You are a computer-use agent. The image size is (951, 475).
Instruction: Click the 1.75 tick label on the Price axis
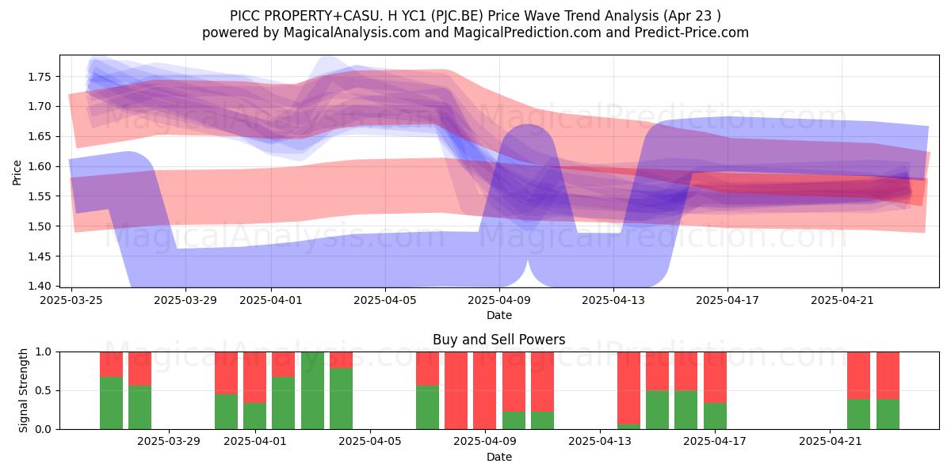point(40,77)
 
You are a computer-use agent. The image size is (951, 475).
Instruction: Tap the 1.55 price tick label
point(40,196)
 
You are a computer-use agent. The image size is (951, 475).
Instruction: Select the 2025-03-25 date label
point(71,300)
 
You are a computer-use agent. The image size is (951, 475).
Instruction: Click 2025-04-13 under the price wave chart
point(613,300)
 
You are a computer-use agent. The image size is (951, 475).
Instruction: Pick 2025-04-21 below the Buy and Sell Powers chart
point(830,441)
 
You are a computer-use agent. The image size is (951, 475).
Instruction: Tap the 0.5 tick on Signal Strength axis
point(43,390)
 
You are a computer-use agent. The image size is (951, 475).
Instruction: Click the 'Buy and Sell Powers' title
point(498,340)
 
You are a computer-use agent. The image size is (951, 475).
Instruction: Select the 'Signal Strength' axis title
point(23,390)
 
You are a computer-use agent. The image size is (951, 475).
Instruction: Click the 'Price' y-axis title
point(17,173)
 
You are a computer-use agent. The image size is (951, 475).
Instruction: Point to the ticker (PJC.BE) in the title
point(456,16)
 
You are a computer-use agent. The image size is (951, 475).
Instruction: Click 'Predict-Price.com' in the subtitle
point(692,32)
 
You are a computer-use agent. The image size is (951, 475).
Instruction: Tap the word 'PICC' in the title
point(245,16)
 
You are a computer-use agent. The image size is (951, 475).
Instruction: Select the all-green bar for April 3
point(312,390)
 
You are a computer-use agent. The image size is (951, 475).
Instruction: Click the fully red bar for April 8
point(456,390)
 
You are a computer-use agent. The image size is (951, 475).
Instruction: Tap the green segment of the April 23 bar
point(888,414)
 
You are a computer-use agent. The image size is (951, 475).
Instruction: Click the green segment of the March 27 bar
point(111,403)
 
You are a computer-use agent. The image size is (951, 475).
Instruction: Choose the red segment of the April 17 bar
point(715,377)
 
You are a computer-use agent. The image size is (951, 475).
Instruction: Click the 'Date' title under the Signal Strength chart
point(498,457)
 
